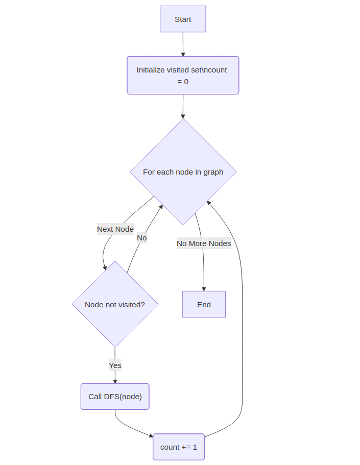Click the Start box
point(183,19)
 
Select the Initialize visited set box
point(183,76)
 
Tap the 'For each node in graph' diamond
point(183,172)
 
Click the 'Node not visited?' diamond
point(115,305)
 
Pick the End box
point(204,305)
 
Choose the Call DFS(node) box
point(115,397)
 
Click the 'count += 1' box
point(179,447)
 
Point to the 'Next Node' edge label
point(115,229)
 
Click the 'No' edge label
point(142,238)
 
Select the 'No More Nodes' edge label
point(204,243)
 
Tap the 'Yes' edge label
point(115,365)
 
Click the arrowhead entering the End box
point(204,288)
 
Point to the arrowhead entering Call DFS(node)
point(115,381)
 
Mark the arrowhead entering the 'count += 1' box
point(151,436)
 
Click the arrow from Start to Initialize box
point(183,43)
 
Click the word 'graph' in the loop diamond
point(213,172)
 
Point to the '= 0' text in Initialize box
point(183,82)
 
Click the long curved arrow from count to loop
point(242,332)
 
